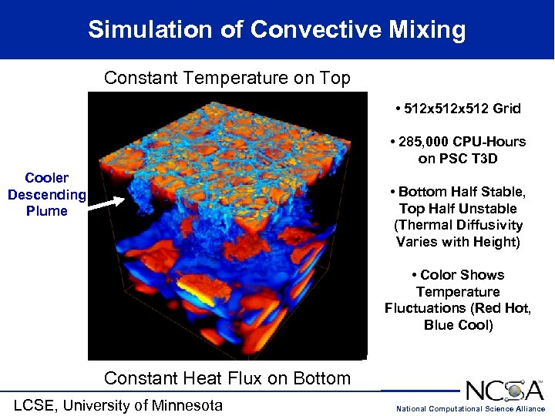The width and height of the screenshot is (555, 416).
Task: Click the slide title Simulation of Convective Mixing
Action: tap(277, 30)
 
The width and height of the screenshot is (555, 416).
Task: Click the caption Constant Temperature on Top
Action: tap(227, 79)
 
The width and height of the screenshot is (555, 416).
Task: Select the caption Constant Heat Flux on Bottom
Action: tap(227, 378)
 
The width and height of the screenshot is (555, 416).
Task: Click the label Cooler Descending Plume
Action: tap(47, 194)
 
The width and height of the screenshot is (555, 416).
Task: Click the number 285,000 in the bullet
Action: tap(427, 142)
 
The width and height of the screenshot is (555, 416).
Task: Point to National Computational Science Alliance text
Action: tap(470, 408)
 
